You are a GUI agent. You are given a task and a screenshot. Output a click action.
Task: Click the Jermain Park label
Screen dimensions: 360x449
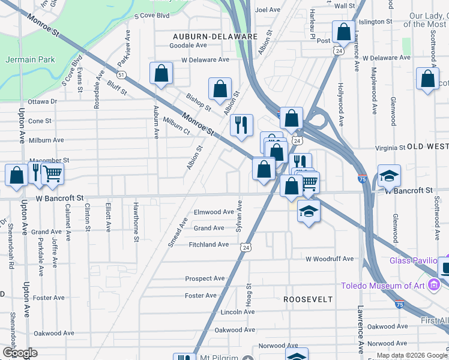[30, 59]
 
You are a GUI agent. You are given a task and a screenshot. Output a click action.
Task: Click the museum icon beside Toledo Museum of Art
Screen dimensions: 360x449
[433, 286]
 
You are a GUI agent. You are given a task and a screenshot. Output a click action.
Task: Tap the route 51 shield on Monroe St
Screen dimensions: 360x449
[122, 75]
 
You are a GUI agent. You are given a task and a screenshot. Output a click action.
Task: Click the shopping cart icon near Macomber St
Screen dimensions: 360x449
[53, 174]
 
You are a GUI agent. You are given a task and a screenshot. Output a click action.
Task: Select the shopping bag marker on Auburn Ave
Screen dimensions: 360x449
[161, 74]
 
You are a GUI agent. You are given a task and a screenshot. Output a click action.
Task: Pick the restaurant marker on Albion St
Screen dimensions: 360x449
[241, 125]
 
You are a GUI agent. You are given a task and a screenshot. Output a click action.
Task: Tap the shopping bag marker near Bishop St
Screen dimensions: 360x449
[220, 89]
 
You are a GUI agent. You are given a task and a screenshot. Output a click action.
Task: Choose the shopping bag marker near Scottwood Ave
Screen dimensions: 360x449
[427, 79]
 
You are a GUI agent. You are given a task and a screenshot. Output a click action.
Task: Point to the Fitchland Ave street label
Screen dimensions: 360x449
[209, 244]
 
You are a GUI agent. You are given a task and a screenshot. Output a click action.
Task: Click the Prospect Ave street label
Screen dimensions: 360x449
[205, 278]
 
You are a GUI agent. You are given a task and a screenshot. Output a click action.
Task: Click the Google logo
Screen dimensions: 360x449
[20, 353]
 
